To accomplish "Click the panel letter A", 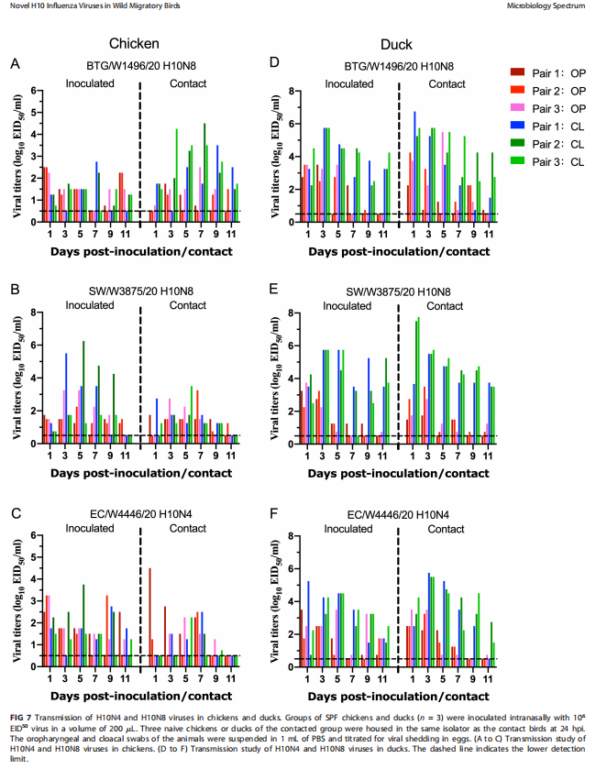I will click(x=15, y=63).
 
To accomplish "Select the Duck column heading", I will click(x=396, y=44).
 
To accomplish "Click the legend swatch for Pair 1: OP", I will click(x=517, y=71).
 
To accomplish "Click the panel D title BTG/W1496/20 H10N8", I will click(x=399, y=66).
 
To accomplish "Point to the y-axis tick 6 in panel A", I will click(x=33, y=91).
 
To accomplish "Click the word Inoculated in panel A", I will click(x=89, y=83).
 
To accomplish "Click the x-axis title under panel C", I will click(x=134, y=695).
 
